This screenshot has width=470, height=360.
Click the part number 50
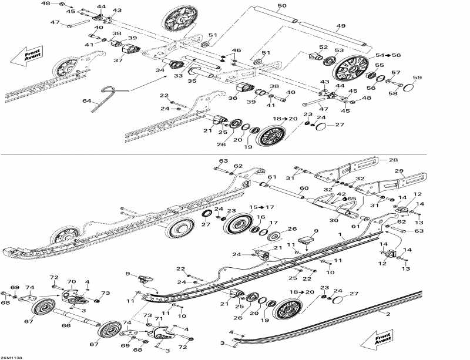282,5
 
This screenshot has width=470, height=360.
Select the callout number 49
341,26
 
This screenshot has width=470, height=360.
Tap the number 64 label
86,102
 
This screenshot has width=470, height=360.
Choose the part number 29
399,170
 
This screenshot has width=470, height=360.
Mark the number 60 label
303,189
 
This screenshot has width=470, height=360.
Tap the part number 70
72,281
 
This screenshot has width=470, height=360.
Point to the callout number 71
158,318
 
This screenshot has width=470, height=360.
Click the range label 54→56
388,55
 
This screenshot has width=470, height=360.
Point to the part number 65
351,198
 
